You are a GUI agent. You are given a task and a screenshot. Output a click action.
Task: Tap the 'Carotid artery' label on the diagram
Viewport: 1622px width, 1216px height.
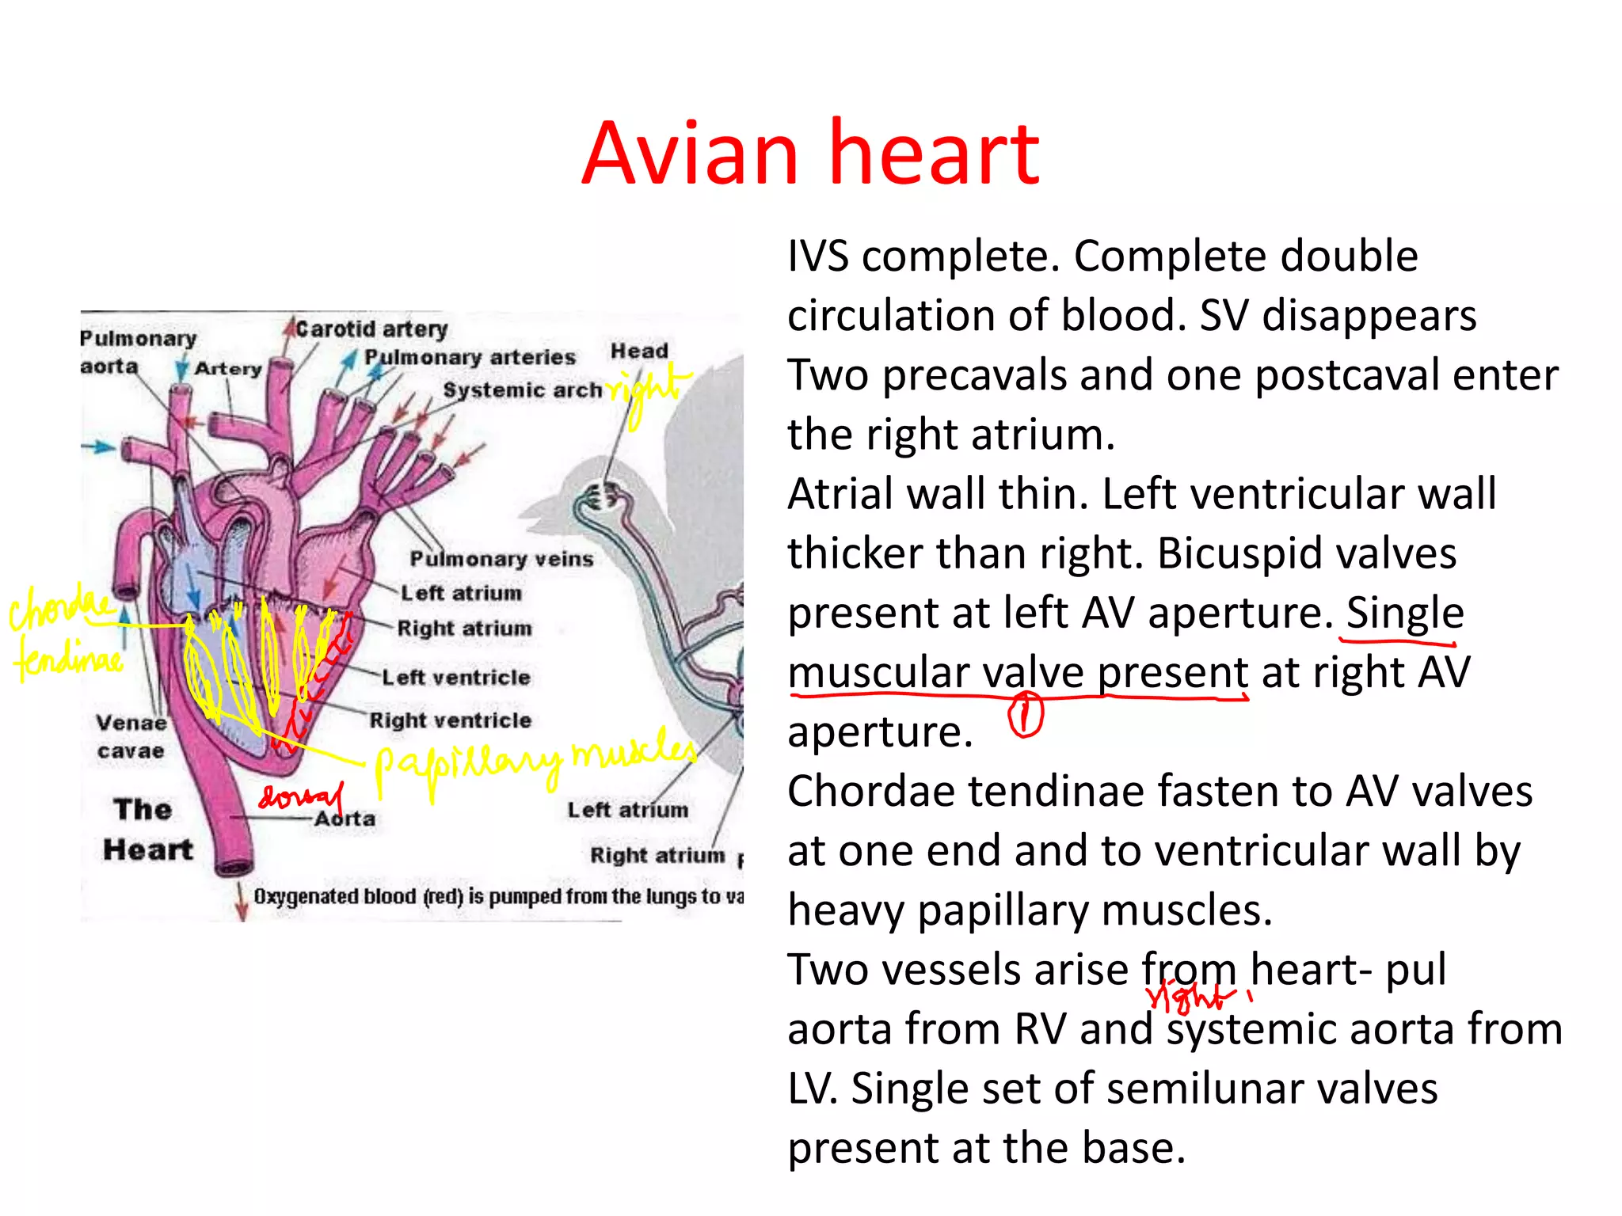pos(371,329)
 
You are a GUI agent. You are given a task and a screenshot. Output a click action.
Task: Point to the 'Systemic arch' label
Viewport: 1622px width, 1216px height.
pos(523,390)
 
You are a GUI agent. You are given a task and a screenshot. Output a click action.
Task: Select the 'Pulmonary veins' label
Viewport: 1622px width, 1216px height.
pos(501,559)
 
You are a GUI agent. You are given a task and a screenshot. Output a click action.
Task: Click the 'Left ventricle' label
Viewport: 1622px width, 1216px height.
pos(456,678)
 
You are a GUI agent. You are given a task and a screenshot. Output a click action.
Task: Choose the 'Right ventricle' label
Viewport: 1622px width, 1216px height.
pos(451,720)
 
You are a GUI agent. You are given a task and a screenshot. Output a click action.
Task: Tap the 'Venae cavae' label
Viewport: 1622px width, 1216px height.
pos(131,736)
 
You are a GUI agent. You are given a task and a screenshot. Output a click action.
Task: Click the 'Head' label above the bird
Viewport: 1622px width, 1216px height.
pos(639,351)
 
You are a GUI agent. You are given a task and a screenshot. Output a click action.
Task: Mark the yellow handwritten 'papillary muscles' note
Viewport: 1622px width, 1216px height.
pos(535,761)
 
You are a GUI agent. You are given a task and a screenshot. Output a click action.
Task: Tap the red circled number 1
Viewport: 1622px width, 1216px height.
pos(1026,715)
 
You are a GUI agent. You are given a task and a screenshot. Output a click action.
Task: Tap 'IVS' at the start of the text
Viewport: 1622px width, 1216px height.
pos(818,256)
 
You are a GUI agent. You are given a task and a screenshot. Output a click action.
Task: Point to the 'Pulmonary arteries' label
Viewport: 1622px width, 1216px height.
pos(470,358)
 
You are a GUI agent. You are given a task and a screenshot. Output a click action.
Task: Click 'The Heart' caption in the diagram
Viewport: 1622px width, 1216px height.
pos(147,830)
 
